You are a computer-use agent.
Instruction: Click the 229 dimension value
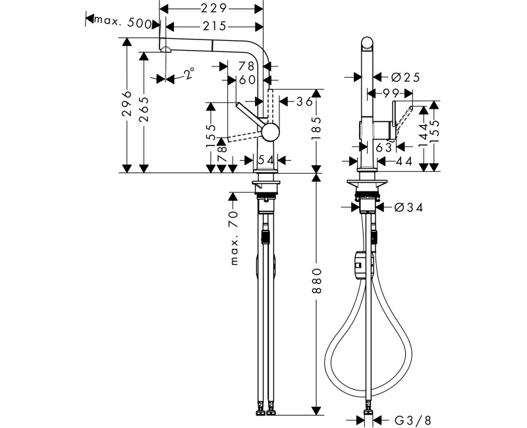(214, 9)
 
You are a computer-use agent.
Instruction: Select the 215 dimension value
(214, 26)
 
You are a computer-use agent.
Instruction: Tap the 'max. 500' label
(123, 23)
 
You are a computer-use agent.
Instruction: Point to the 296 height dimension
(126, 103)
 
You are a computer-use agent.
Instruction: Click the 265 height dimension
(144, 109)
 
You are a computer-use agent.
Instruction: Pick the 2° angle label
(189, 73)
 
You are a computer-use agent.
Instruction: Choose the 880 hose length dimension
(317, 281)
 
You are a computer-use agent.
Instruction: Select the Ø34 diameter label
(408, 207)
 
